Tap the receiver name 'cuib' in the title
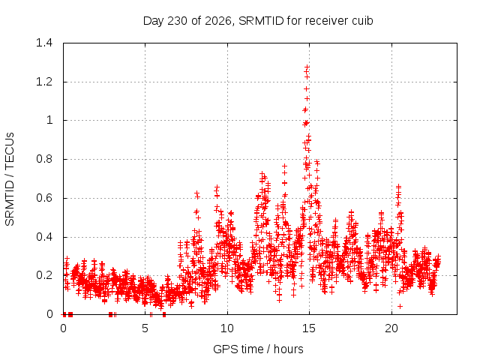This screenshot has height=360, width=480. pos(362,21)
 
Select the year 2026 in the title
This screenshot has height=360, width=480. pos(217,21)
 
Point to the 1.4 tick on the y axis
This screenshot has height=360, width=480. pos(44,43)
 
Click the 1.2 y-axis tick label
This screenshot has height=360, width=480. pos(44,82)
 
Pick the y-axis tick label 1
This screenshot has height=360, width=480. pos(49,120)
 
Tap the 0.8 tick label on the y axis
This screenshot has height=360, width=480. pos(44,159)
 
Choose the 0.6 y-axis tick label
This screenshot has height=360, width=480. pos(44,198)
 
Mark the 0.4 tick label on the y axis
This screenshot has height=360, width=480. pos(44,237)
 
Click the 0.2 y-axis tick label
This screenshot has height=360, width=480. pos(44,275)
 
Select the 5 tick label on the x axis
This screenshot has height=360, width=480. pos(145,328)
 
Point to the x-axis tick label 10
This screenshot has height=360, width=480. pos(227,328)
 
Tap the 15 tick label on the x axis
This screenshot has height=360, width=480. pos(309,328)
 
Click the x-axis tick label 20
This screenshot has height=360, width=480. pos(391,328)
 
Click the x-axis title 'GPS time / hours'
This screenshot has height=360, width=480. pos(258,349)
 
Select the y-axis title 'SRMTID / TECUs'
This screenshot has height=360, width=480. pos(10,179)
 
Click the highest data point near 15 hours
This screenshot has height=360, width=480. pos(307,67)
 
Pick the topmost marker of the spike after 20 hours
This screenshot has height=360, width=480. pos(398,186)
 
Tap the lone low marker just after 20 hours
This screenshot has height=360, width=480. pos(400,306)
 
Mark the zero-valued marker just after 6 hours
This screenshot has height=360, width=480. pos(164,314)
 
